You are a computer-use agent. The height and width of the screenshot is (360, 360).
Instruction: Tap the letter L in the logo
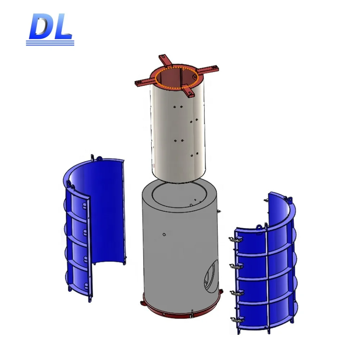tap(62, 28)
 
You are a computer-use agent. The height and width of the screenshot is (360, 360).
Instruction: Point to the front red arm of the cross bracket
tap(188, 90)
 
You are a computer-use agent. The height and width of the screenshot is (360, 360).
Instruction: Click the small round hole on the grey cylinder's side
tap(164, 235)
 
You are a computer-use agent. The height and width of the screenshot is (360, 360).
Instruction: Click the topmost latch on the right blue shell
tap(234, 240)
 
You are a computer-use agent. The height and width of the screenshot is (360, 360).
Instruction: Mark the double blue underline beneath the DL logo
tap(50, 43)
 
